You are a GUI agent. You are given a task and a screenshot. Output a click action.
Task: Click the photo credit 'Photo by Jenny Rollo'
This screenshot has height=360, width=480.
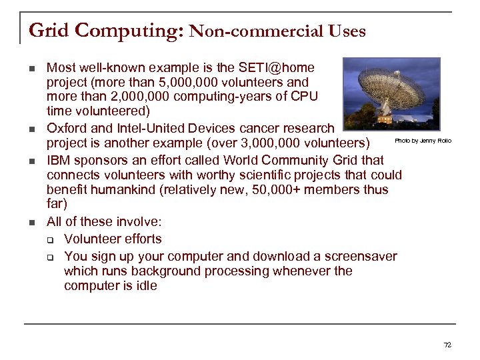click(423, 141)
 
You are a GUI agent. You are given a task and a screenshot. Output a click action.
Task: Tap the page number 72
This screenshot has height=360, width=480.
click(447, 345)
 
